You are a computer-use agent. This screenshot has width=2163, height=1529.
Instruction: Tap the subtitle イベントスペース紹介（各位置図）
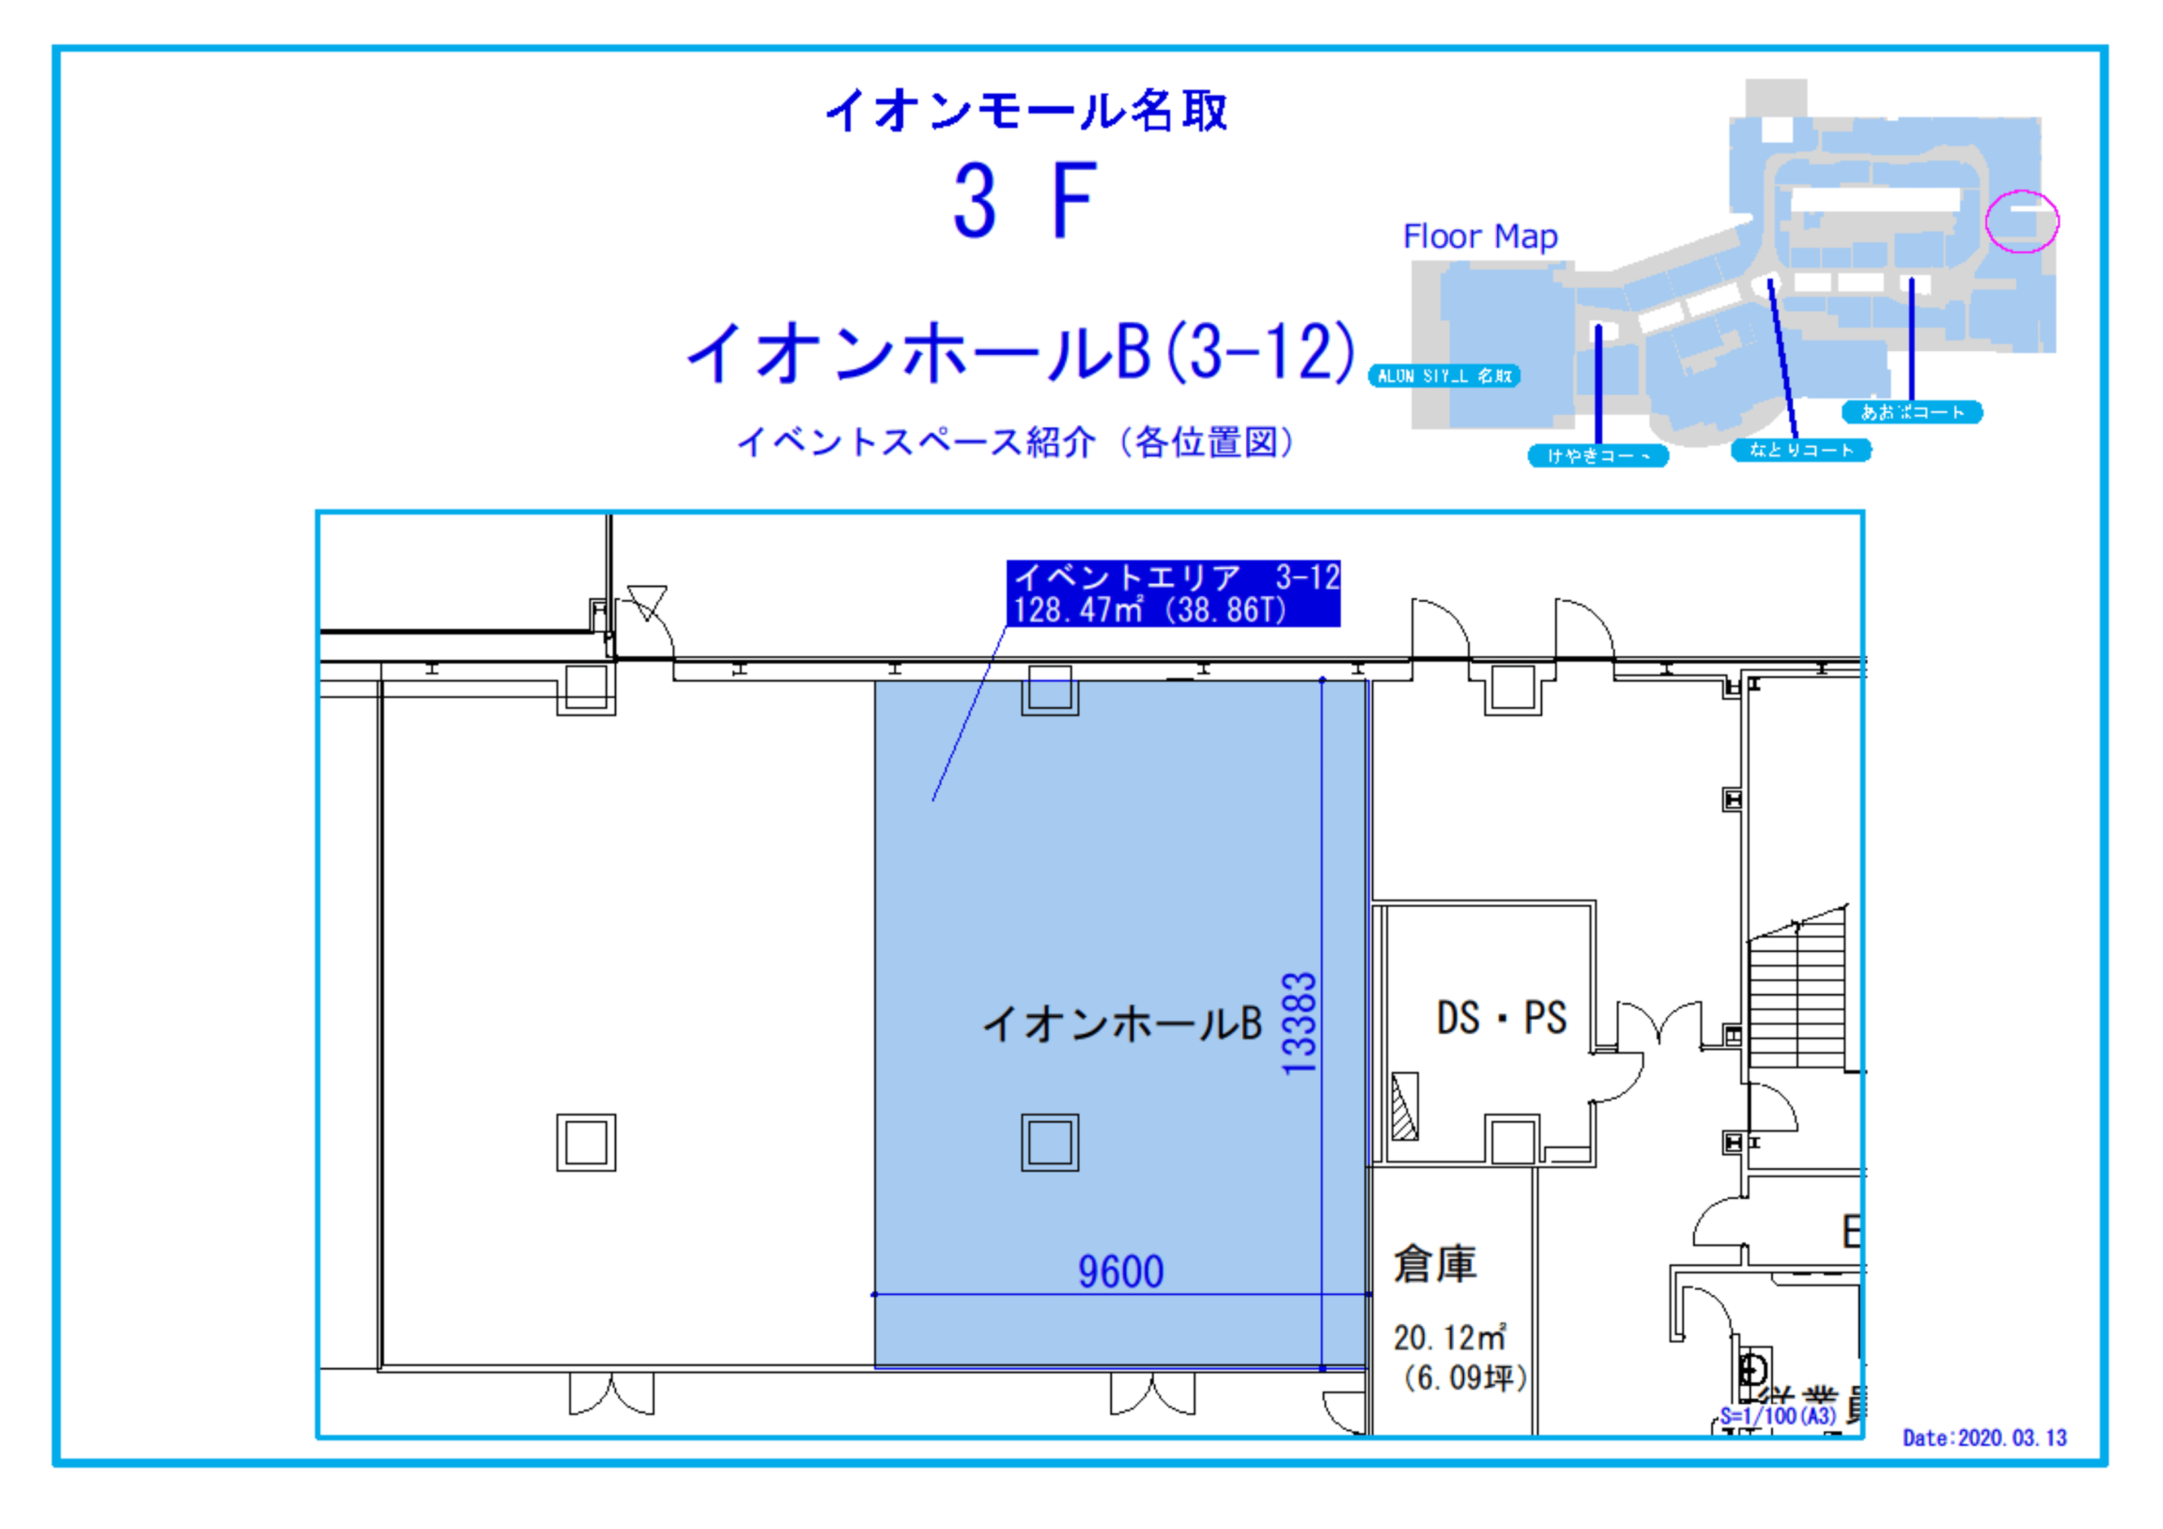(1016, 441)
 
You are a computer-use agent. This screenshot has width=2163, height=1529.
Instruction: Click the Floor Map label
(1480, 236)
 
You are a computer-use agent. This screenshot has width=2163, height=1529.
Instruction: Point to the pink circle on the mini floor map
(2022, 221)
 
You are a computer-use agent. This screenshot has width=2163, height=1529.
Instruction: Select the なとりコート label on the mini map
(1800, 450)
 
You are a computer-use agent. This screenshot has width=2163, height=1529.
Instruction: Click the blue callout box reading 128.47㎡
(1173, 594)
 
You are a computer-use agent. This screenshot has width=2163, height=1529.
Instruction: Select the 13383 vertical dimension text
(1299, 1023)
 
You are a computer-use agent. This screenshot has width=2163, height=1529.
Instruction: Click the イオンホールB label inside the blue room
(1121, 1023)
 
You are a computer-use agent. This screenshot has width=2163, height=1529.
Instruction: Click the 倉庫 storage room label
(1435, 1264)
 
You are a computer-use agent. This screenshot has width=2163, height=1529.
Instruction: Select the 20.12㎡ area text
(1449, 1337)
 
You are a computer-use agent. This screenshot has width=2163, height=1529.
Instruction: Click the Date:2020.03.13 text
(1984, 1438)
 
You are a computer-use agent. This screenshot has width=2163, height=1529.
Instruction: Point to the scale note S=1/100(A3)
(1778, 1416)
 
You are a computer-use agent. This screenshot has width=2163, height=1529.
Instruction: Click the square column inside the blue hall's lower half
(1049, 1143)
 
